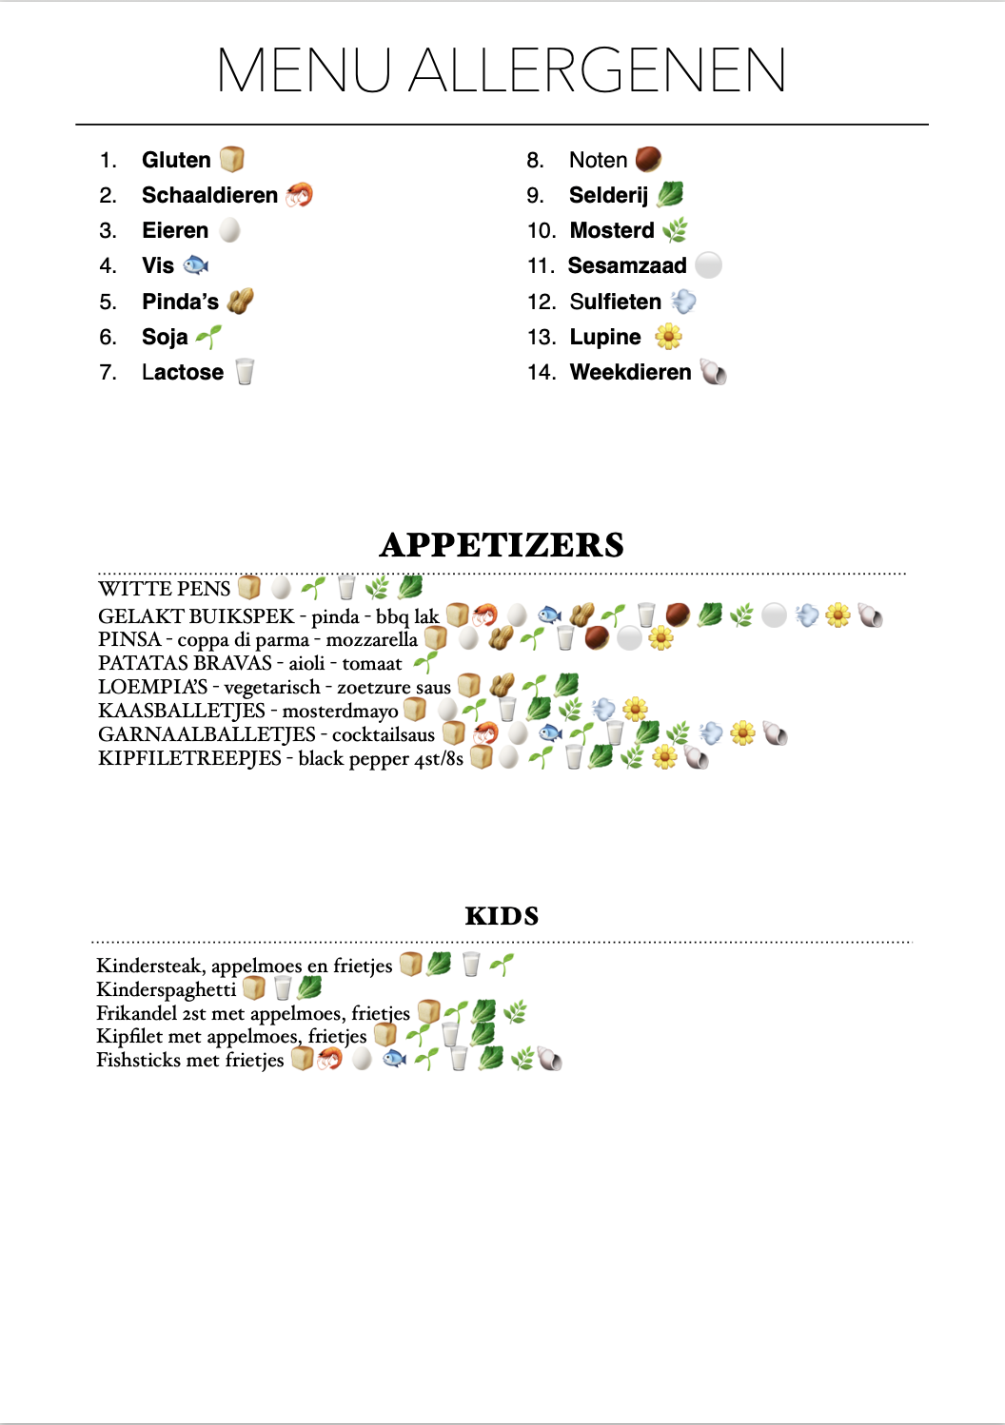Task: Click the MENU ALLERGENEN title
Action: point(502,70)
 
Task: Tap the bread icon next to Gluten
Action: point(232,159)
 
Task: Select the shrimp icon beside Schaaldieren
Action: point(300,195)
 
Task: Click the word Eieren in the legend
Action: point(175,230)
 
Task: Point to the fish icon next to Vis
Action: point(196,264)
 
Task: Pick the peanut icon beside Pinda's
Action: point(241,302)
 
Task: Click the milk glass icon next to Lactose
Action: point(245,372)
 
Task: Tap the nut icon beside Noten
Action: point(648,159)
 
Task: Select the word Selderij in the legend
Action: point(608,195)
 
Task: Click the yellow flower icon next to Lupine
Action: point(669,337)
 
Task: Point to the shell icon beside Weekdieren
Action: point(713,372)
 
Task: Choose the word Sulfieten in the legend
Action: point(615,302)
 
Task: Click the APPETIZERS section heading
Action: point(502,545)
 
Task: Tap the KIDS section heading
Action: point(502,916)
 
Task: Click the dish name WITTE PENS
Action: point(165,589)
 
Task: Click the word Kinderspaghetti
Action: point(167,989)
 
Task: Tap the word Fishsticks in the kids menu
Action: point(140,1060)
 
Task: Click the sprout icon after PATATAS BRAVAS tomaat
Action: point(425,662)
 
